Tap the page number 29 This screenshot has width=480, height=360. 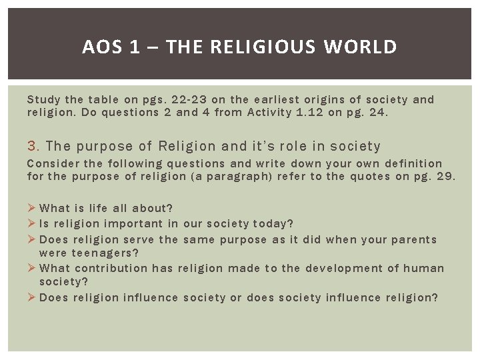click(443, 176)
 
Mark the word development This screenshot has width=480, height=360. click(343, 268)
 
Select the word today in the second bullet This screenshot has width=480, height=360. click(271, 223)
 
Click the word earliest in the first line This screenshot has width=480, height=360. click(255, 99)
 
